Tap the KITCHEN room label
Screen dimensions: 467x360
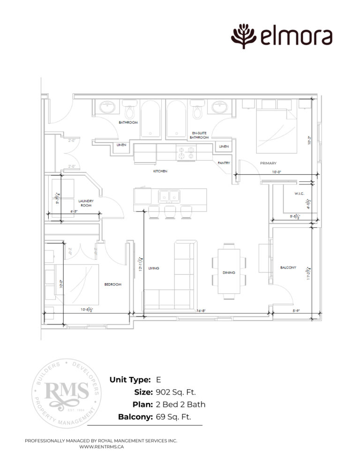click(x=160, y=172)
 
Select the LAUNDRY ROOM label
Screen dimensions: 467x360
click(x=86, y=203)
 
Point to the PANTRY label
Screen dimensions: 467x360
click(x=223, y=163)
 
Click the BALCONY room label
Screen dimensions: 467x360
click(x=288, y=267)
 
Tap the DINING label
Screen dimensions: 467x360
click(x=229, y=272)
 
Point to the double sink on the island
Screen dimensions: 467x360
click(x=169, y=196)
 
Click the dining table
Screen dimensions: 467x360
click(x=229, y=271)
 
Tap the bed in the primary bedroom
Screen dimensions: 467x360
click(x=277, y=132)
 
